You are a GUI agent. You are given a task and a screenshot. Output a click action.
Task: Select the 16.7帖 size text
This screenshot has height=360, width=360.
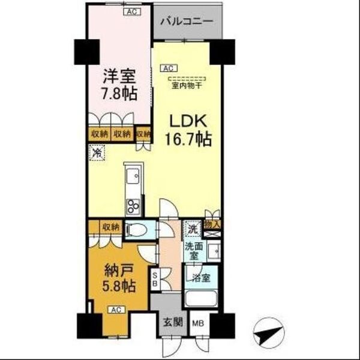click(x=187, y=140)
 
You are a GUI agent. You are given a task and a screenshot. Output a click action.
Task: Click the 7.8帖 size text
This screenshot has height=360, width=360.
click(x=118, y=94)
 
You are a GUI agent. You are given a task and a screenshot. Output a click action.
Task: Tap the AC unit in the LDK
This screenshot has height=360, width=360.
click(x=169, y=67)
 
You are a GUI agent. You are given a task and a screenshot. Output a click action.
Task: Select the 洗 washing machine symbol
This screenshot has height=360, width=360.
click(x=192, y=228)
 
